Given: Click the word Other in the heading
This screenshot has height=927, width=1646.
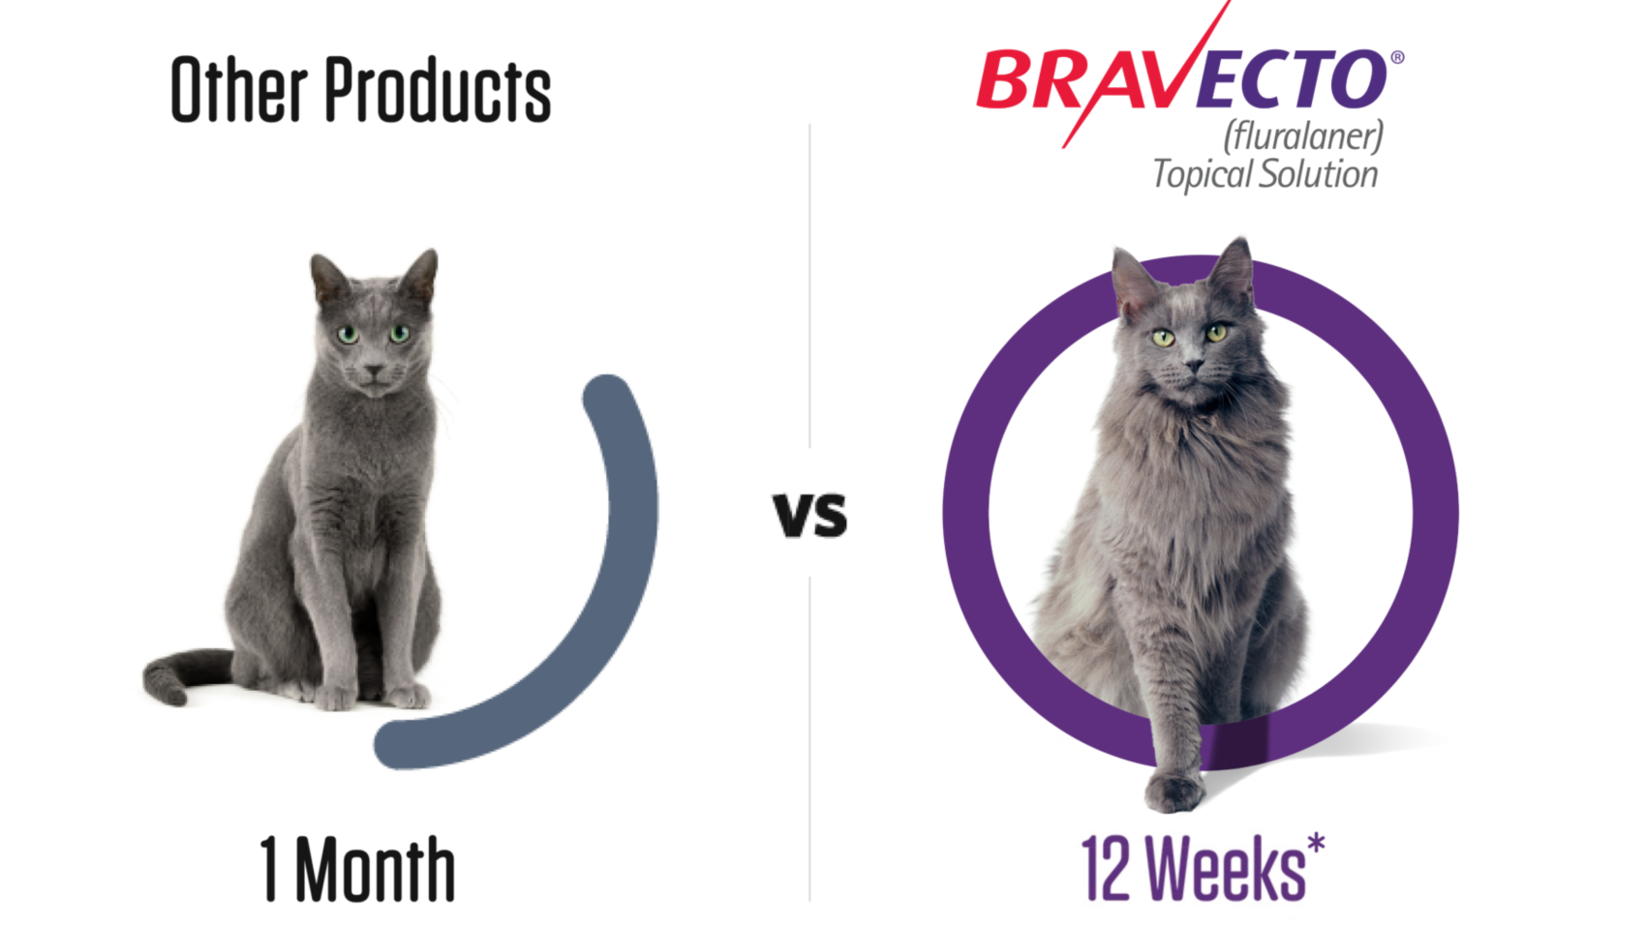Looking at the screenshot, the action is [x=239, y=90].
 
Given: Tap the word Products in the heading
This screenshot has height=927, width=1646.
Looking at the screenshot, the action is [x=438, y=90].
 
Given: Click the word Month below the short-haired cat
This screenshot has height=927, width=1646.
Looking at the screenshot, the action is [x=375, y=869].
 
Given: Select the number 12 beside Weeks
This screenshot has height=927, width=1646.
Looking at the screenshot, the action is [x=1105, y=868].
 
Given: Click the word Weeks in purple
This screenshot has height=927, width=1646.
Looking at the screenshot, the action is [x=1225, y=868].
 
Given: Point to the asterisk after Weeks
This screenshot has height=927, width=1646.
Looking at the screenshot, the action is [x=1315, y=843].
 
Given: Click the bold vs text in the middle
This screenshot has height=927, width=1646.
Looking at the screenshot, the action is [x=809, y=515].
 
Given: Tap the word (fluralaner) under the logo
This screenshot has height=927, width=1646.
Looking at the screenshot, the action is [x=1303, y=135].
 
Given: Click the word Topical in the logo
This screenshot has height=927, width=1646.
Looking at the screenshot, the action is [x=1203, y=175].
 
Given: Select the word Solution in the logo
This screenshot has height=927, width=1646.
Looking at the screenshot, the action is [x=1319, y=175].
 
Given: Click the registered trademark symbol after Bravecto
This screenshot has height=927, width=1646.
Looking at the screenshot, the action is [x=1397, y=57].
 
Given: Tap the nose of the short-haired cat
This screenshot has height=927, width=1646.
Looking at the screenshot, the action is [x=374, y=370].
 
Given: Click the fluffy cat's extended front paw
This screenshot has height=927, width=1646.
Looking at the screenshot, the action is [x=1174, y=792].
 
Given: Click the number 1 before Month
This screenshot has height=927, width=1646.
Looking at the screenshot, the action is [x=269, y=869].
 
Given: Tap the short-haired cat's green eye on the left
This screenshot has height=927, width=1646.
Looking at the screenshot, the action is [x=348, y=335].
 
